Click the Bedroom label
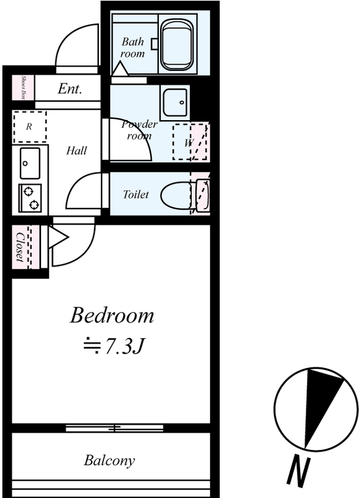(x=112, y=316)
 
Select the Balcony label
(x=109, y=461)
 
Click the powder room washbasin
(x=175, y=103)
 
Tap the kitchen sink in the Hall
(x=30, y=163)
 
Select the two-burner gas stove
(x=30, y=199)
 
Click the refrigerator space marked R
(x=29, y=127)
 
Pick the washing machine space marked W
(x=190, y=143)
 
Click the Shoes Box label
(x=23, y=87)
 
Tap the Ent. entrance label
(x=70, y=88)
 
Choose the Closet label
(x=20, y=247)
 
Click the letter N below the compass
(x=298, y=472)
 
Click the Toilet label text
(x=136, y=194)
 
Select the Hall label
(x=77, y=151)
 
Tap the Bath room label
(x=133, y=48)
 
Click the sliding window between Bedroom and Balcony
(x=115, y=428)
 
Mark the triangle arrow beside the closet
(x=58, y=237)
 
